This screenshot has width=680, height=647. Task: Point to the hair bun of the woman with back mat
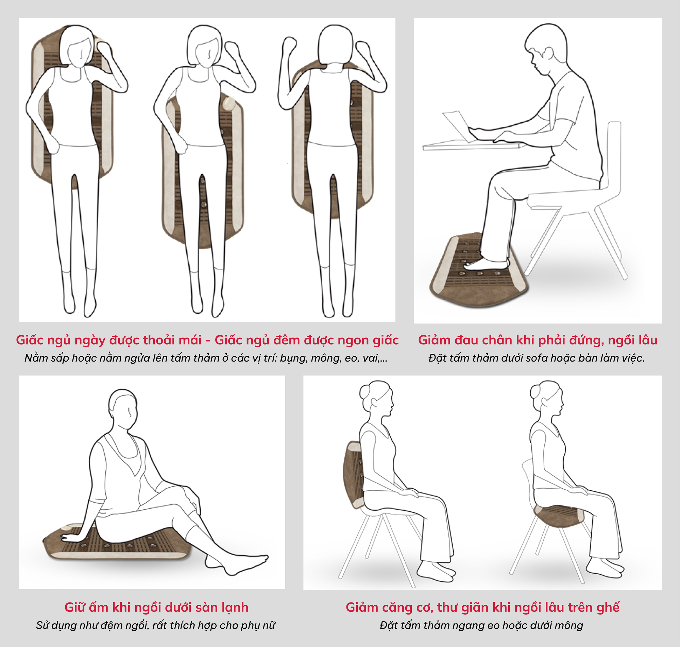(365, 391)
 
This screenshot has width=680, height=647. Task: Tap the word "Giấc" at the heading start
(29, 340)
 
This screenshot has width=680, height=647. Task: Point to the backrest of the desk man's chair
(613, 155)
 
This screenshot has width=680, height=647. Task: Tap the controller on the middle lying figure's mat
(229, 104)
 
